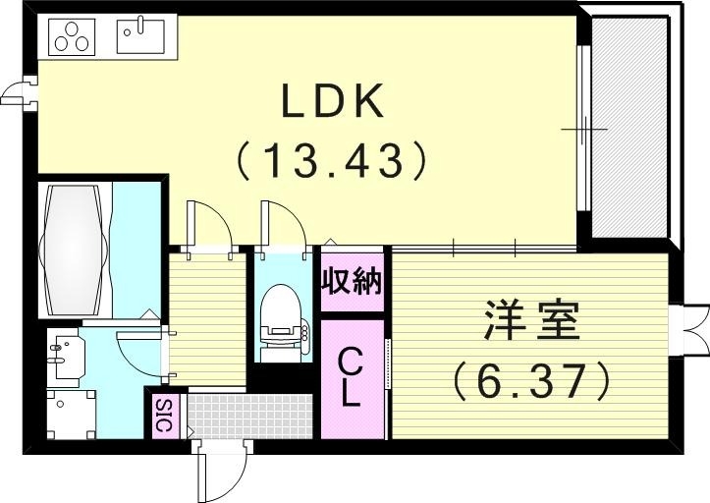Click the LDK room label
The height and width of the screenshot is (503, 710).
(331, 102)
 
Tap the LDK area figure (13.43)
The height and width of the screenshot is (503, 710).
(331, 160)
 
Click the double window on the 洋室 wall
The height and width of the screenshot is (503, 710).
(693, 331)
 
